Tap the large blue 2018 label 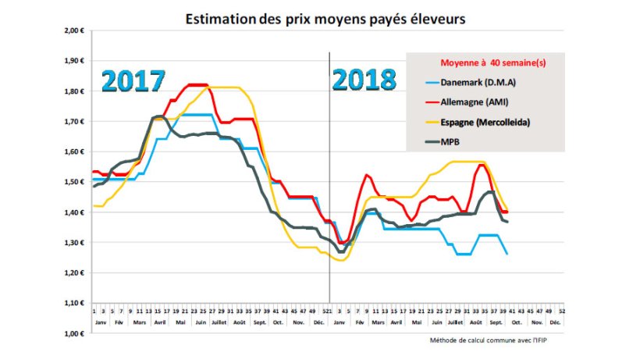point(363,80)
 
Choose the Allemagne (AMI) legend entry point(483,102)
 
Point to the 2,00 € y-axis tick point(74,30)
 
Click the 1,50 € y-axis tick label point(74,182)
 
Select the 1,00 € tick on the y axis point(74,333)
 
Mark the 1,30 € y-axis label point(74,243)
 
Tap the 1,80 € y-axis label point(74,91)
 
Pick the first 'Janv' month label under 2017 point(99,321)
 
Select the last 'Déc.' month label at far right point(555,321)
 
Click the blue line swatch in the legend point(432,81)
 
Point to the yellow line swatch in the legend point(432,123)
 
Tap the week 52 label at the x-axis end point(562,310)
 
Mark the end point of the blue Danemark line point(508,254)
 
